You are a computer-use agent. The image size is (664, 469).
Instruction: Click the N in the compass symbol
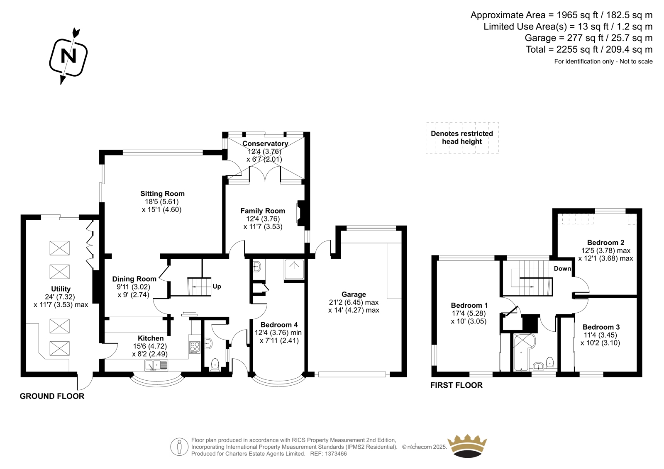click(x=68, y=56)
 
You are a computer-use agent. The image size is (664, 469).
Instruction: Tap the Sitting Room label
click(x=162, y=194)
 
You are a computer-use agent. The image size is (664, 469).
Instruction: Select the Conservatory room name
click(x=265, y=144)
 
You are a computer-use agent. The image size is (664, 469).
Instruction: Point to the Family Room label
click(x=263, y=211)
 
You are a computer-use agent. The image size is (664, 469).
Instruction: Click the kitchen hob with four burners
click(x=195, y=347)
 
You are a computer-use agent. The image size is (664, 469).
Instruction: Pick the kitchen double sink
click(x=156, y=365)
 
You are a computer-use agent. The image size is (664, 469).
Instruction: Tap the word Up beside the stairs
click(x=217, y=287)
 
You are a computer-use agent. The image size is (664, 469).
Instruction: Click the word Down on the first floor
click(x=562, y=268)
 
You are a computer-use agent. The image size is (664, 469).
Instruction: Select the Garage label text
click(x=354, y=294)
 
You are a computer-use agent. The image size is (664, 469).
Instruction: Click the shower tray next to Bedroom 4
click(x=294, y=269)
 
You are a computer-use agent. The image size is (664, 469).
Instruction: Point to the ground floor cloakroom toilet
click(x=214, y=365)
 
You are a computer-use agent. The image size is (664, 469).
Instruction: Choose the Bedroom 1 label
click(x=469, y=305)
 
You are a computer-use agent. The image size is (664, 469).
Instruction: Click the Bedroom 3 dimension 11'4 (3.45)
click(x=600, y=335)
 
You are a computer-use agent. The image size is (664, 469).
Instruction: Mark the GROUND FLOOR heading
click(x=52, y=396)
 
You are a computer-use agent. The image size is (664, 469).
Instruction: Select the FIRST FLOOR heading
click(x=456, y=385)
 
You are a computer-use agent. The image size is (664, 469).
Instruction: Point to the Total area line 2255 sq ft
click(x=589, y=49)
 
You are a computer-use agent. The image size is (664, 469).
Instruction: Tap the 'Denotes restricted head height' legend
click(x=462, y=138)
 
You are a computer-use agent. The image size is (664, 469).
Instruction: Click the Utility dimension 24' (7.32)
click(x=60, y=297)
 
